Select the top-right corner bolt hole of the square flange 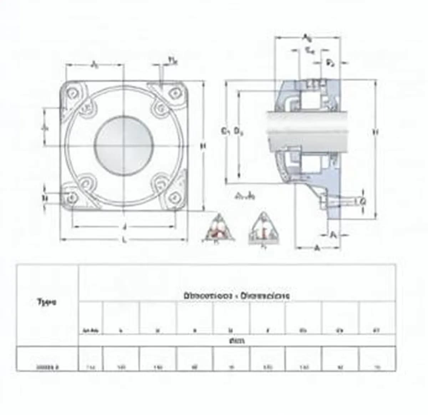coord(175,93)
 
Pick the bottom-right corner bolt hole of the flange coord(175,197)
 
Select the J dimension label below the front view coord(124,227)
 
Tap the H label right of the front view coord(203,146)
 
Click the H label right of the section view coord(375,132)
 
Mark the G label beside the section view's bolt coord(363,202)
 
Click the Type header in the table coord(47,302)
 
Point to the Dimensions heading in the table coord(237,296)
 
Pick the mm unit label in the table coord(237,341)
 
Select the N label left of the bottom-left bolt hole coord(45,198)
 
